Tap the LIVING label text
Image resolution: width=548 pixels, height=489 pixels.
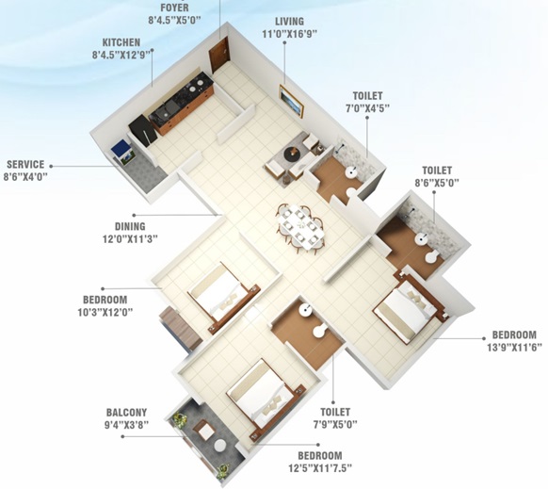289,21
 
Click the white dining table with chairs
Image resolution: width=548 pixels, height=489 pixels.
299,225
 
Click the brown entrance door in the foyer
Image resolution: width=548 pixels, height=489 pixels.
219,54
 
